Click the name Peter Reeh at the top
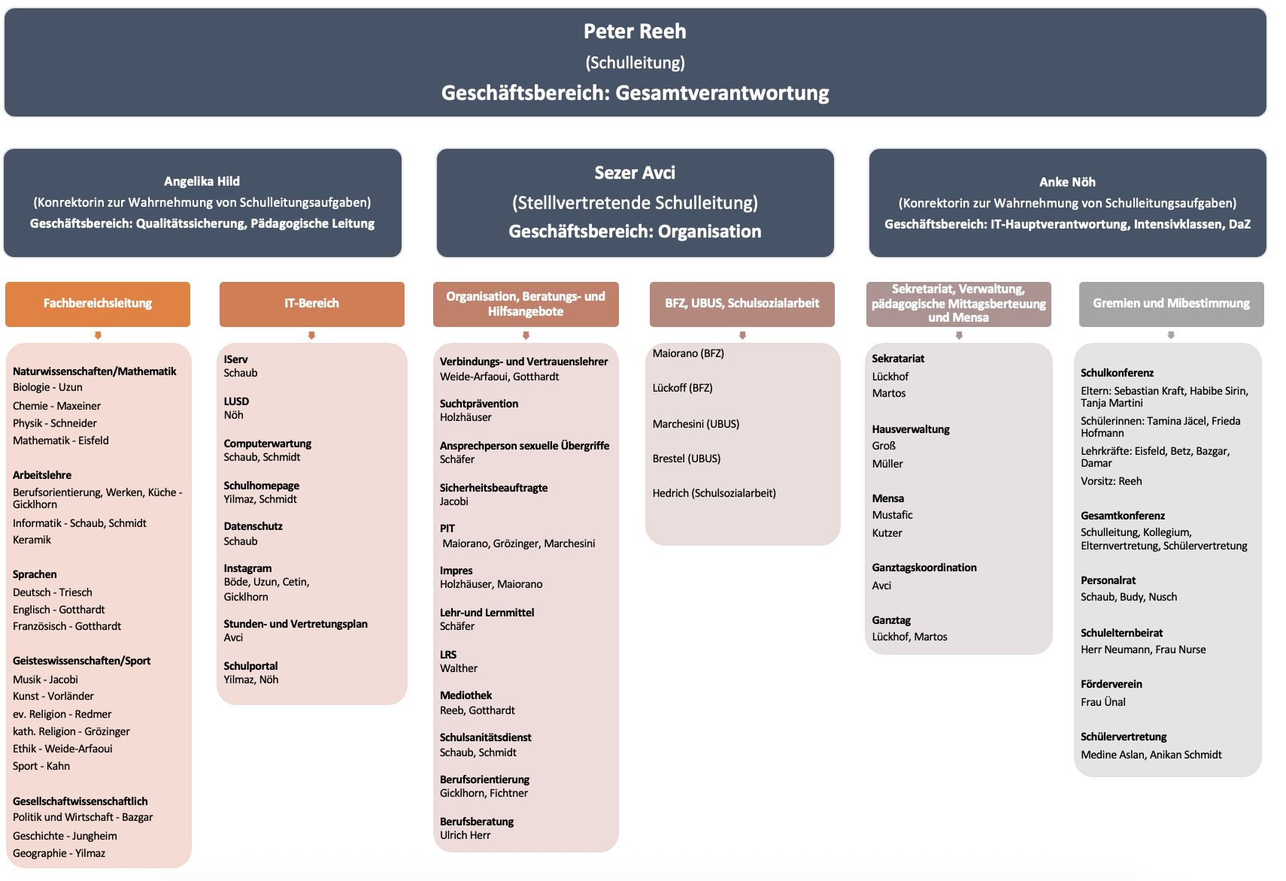pos(635,32)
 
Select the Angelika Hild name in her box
pos(202,181)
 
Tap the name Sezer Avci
pos(635,173)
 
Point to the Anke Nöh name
pos(1067,182)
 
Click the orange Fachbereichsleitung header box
pos(98,304)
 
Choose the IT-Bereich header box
pos(311,304)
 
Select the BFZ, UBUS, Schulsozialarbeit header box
pos(742,304)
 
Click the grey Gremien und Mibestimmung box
pos(1171,304)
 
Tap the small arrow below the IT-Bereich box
pos(311,335)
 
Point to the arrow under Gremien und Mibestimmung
pos(1171,335)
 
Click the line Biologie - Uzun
pos(47,387)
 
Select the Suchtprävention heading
pos(479,404)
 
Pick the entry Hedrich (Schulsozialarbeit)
pos(714,493)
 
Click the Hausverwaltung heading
pos(911,429)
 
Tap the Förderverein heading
pos(1111,684)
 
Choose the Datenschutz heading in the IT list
pos(253,526)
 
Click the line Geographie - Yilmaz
pos(59,853)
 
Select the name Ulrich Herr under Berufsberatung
pos(465,835)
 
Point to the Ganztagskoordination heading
pos(924,568)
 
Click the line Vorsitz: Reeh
pos(1111,481)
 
